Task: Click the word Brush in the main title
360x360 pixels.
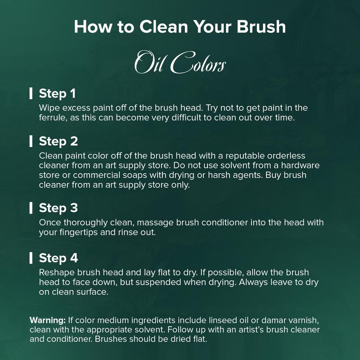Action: click(x=261, y=27)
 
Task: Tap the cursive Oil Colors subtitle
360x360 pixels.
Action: click(x=180, y=63)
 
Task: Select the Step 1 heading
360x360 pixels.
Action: click(x=57, y=94)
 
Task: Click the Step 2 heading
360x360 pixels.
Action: click(x=58, y=141)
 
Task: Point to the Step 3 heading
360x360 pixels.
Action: click(x=58, y=208)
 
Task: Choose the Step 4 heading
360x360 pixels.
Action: click(x=58, y=258)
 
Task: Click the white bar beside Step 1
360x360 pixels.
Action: click(x=31, y=93)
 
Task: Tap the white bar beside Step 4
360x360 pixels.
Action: click(x=31, y=258)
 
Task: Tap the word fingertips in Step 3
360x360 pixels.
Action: click(x=78, y=232)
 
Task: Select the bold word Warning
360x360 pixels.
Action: click(x=48, y=320)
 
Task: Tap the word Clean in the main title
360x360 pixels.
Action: click(x=164, y=27)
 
